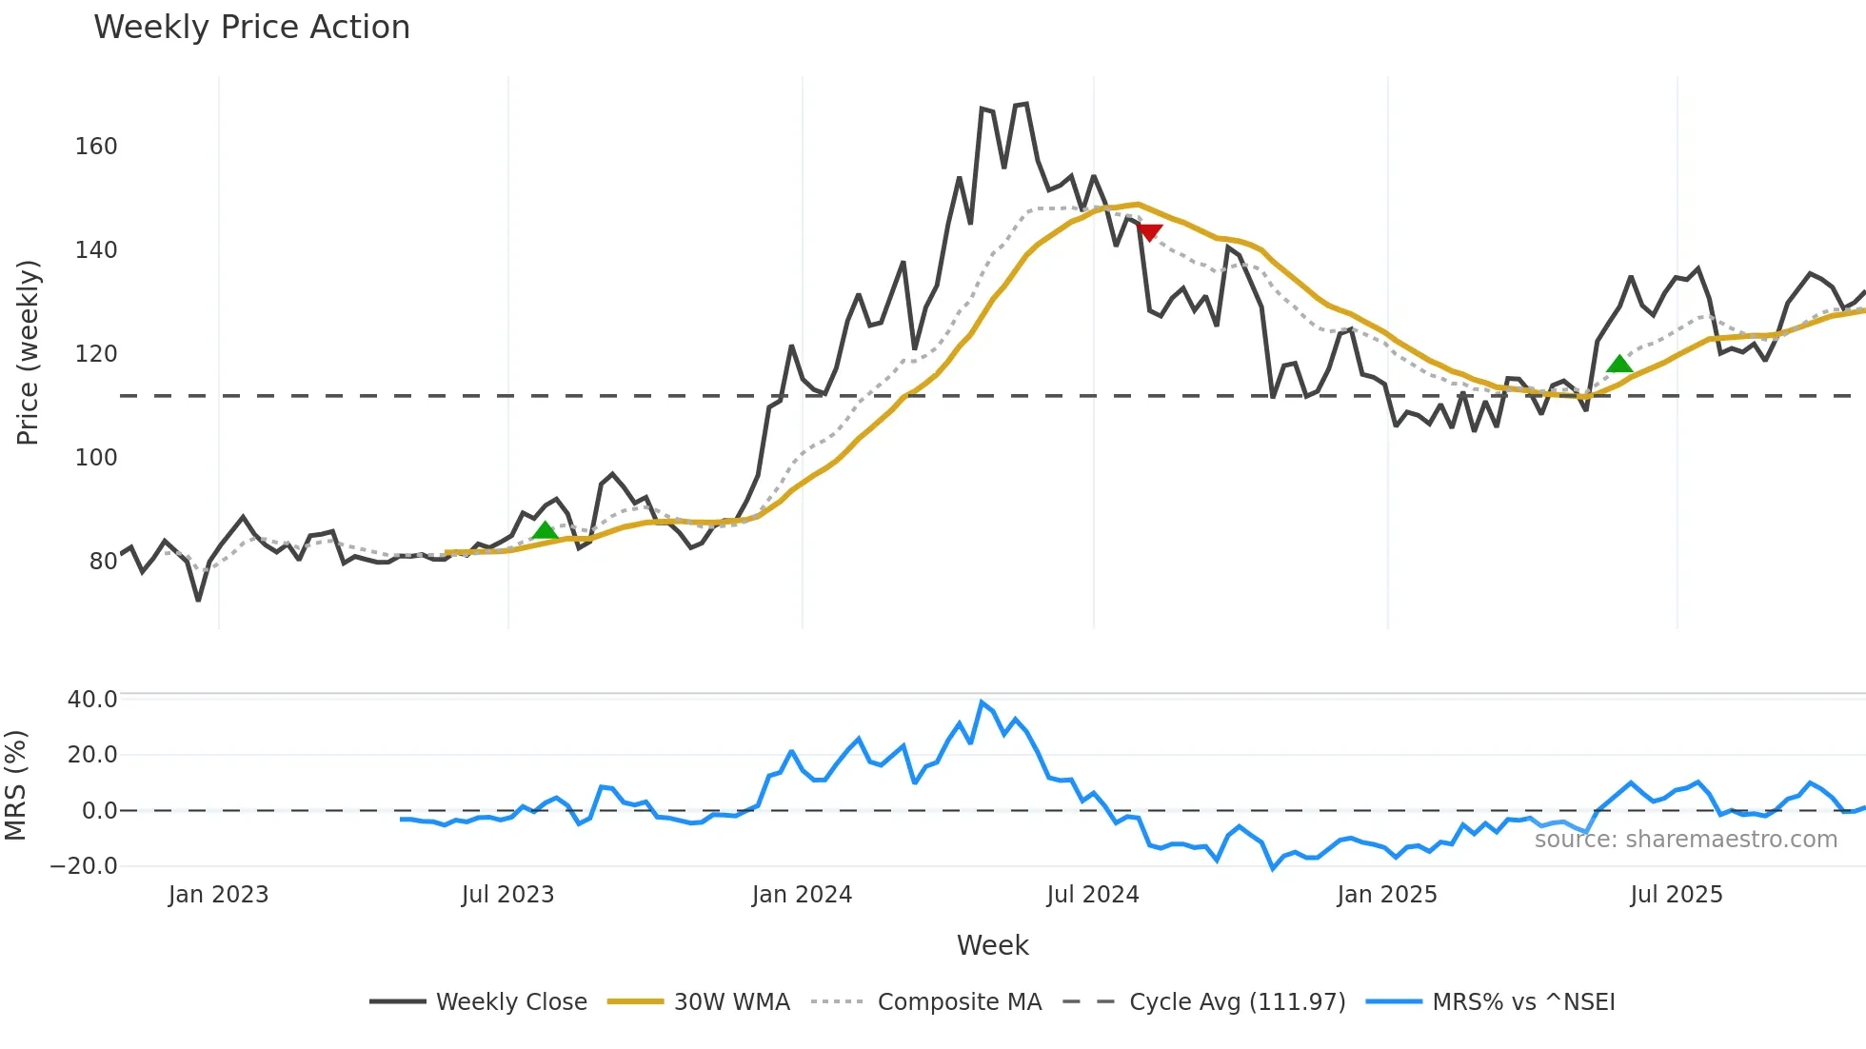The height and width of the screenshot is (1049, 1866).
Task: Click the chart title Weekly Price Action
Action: click(x=251, y=27)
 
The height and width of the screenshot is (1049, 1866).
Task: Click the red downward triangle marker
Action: click(x=1149, y=232)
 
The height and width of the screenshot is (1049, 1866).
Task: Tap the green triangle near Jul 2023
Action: click(x=545, y=531)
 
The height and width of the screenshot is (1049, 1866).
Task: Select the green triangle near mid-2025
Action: click(x=1619, y=364)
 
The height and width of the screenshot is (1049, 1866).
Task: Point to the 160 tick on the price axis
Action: click(x=96, y=147)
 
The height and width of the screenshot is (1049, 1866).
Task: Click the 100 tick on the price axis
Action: click(x=96, y=458)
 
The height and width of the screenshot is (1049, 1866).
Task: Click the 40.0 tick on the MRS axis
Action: click(x=92, y=700)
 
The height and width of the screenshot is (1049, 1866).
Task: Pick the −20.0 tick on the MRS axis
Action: click(x=85, y=866)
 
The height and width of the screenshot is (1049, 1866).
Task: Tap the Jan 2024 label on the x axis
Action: click(x=802, y=895)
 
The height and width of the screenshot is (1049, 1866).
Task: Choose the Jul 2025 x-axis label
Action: click(x=1676, y=895)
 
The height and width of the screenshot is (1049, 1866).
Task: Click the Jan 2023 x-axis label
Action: click(x=218, y=895)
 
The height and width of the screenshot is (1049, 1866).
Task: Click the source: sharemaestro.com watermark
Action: click(x=1685, y=840)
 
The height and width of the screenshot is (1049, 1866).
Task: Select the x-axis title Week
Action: click(x=992, y=945)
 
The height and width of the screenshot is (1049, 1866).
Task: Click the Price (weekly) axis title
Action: click(x=28, y=352)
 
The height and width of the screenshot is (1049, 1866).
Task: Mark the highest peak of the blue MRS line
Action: click(x=982, y=703)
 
